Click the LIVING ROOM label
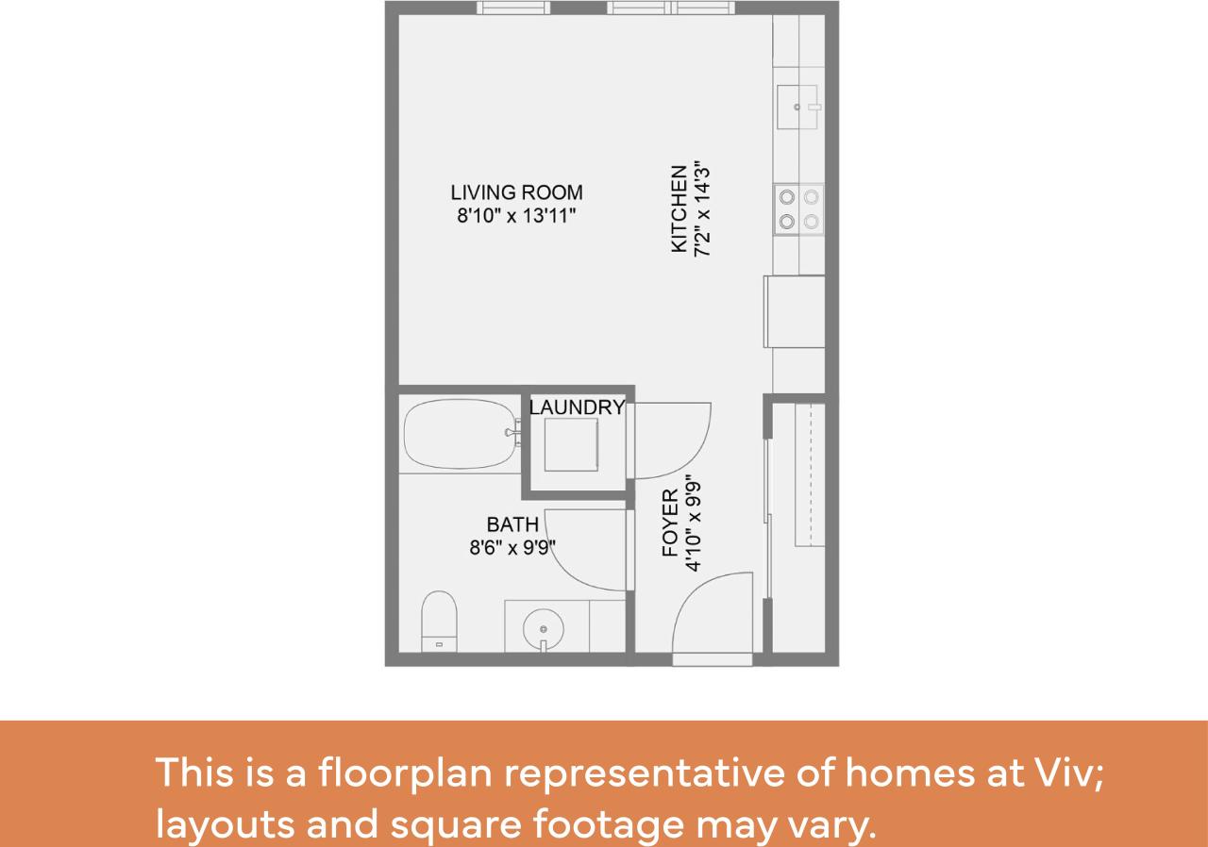(516, 192)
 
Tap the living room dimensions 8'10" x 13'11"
(516, 216)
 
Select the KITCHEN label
(679, 209)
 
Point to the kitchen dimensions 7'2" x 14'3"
(700, 209)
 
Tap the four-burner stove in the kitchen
(798, 209)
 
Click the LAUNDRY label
(577, 407)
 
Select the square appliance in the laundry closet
(572, 444)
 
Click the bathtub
(460, 435)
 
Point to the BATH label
(512, 524)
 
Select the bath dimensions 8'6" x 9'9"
(512, 547)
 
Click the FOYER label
(671, 523)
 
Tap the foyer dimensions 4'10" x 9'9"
(694, 523)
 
